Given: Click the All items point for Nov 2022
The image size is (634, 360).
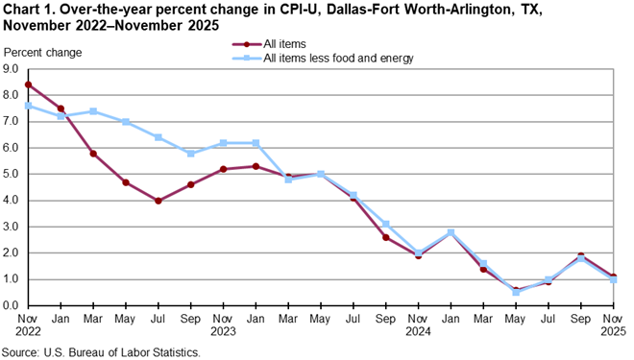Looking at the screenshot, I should pyautogui.click(x=29, y=84).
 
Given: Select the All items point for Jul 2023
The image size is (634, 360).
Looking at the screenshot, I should pyautogui.click(x=158, y=201).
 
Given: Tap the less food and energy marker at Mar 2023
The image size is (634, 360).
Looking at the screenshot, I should pyautogui.click(x=93, y=111).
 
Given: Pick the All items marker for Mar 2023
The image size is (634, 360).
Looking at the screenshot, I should pyautogui.click(x=93, y=154).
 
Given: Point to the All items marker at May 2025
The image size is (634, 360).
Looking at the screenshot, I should pyautogui.click(x=516, y=290).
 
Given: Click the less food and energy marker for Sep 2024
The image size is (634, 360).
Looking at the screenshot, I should pyautogui.click(x=385, y=224).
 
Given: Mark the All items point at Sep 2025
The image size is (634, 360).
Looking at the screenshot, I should pyautogui.click(x=581, y=256).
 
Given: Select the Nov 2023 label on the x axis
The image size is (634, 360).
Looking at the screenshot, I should pyautogui.click(x=224, y=324).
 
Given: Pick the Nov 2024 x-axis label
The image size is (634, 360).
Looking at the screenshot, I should pyautogui.click(x=419, y=324).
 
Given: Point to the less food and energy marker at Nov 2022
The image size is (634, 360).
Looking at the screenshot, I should pyautogui.click(x=29, y=106).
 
